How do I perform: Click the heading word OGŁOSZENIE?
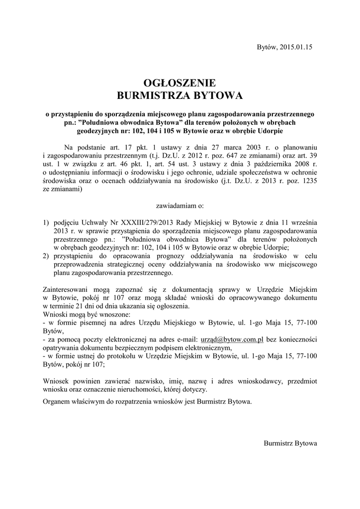(x=180, y=82)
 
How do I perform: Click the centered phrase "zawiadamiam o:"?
(x=180, y=205)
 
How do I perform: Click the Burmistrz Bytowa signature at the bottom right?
(x=290, y=442)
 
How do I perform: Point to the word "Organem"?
(x=57, y=400)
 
